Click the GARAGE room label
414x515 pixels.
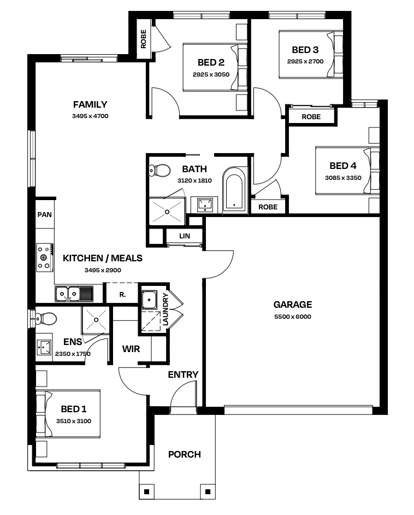click(x=293, y=305)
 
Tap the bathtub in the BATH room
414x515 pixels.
click(x=234, y=189)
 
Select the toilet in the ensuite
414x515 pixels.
click(x=46, y=318)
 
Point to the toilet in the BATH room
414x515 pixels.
click(x=160, y=171)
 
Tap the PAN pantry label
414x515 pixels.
click(x=45, y=214)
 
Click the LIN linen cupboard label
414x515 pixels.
click(x=185, y=236)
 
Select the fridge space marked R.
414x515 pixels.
click(x=122, y=295)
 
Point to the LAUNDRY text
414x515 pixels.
click(x=165, y=309)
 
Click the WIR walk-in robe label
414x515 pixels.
click(x=131, y=349)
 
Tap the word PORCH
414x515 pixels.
click(x=185, y=454)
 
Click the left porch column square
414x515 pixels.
click(x=146, y=491)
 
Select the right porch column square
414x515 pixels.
click(x=208, y=491)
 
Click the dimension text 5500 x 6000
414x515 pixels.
click(x=293, y=317)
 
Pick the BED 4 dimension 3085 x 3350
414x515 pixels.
click(x=343, y=178)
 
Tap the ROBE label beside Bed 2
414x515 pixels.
click(x=143, y=39)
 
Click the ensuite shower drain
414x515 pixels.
click(x=96, y=320)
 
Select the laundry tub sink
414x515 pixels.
click(x=149, y=300)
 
